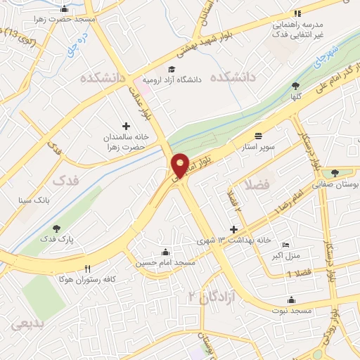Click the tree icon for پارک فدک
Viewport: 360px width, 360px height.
click(57, 229)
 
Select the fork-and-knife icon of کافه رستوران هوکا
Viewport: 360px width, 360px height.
click(88, 268)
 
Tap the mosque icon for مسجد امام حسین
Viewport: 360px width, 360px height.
click(165, 252)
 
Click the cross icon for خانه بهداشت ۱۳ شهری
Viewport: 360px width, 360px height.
click(234, 230)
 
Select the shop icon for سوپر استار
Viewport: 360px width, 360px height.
click(259, 136)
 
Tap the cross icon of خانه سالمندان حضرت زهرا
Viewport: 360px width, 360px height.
click(127, 124)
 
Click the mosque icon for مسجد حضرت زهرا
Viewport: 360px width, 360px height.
click(65, 10)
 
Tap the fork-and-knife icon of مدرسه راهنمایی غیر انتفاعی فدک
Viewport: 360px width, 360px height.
click(297, 13)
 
